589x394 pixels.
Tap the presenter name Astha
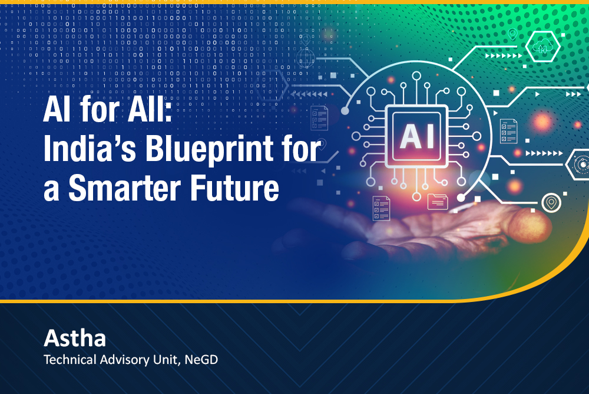tap(75, 338)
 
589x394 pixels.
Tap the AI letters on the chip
tap(416, 136)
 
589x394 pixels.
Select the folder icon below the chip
tap(438, 201)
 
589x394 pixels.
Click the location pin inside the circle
tap(551, 202)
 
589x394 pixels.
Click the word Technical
tap(70, 359)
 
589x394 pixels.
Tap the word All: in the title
tap(150, 110)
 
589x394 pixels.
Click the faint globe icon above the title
tap(305, 58)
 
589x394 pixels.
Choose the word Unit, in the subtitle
tap(167, 360)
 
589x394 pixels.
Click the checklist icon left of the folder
tap(381, 208)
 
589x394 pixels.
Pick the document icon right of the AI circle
tap(509, 131)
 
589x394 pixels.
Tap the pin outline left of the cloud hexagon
tap(512, 34)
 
